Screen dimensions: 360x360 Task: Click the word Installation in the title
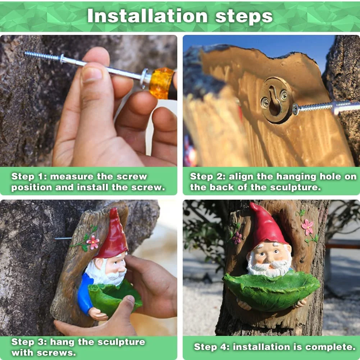coord(148,16)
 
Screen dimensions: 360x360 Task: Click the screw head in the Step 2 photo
coord(296,109)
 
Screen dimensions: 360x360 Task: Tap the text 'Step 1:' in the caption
coord(28,177)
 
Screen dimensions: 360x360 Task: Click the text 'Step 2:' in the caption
coord(207,177)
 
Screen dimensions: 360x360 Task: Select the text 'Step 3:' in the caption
coord(28,342)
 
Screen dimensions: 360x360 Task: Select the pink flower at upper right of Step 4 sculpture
coord(307,227)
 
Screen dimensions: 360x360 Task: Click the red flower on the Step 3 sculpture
coord(93,242)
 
